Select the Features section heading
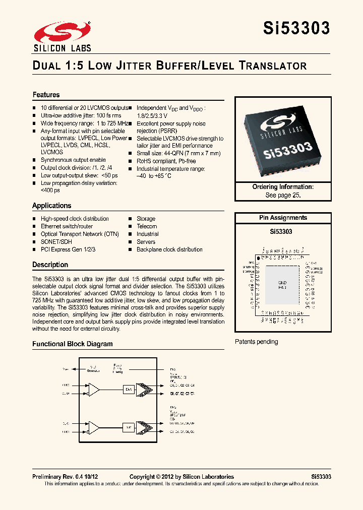pyautogui.click(x=46, y=95)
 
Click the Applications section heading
pyautogui.click(x=52, y=206)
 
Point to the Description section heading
pyautogui.click(x=50, y=265)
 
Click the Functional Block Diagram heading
pyautogui.click(x=73, y=344)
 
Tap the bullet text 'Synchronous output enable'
pyautogui.click(x=73, y=160)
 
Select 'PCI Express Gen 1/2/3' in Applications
pyautogui.click(x=68, y=249)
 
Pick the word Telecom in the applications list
pyautogui.click(x=147, y=226)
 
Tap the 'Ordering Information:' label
pyautogui.click(x=283, y=187)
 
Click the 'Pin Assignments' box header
pyautogui.click(x=283, y=218)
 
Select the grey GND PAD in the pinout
pyautogui.click(x=282, y=284)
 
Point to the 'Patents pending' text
pyautogui.click(x=257, y=342)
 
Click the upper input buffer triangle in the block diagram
pyautogui.click(x=94, y=389)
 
